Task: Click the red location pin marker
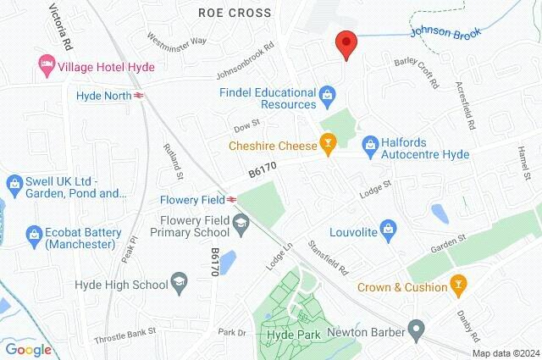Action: (346, 43)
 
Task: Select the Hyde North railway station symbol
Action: (138, 96)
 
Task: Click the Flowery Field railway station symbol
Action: (231, 200)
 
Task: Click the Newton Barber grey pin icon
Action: (415, 327)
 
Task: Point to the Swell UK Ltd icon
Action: (14, 183)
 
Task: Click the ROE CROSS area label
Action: (235, 13)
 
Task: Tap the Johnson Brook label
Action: (445, 33)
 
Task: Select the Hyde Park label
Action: (268, 334)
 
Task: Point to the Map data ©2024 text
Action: (505, 353)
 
